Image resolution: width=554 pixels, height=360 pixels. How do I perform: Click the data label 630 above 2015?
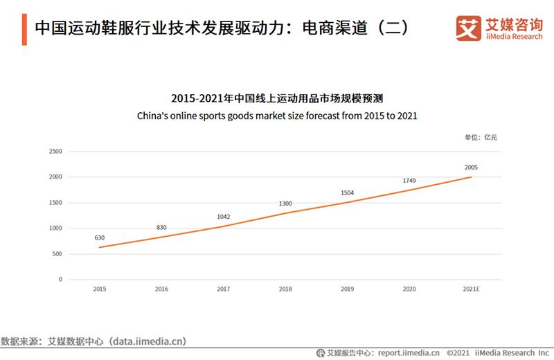coord(100,237)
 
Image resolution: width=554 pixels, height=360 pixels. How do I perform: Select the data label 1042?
coord(224,216)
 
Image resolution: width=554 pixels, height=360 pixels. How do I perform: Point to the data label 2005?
coord(472,168)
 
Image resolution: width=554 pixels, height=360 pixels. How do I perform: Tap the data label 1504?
coord(348,193)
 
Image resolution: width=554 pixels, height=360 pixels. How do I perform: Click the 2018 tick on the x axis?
coord(285,289)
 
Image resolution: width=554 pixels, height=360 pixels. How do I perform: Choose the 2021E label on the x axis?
coord(472,289)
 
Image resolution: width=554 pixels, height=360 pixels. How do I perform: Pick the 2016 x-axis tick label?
coord(161,289)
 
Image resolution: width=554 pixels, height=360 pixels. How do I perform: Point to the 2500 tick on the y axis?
coord(56,151)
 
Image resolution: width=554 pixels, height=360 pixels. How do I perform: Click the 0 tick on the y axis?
coord(60,279)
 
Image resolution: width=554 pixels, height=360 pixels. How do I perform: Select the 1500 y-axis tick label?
coord(56,203)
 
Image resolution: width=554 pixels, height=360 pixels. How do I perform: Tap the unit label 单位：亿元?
coord(481,137)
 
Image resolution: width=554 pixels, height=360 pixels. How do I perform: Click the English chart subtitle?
coord(277,115)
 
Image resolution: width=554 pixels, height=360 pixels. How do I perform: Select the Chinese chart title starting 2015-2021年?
coord(277,98)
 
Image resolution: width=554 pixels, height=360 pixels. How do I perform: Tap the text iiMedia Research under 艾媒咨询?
coord(513,37)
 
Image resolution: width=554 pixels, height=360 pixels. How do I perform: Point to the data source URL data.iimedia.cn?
coord(146,341)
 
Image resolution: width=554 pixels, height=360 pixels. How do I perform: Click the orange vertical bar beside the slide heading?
coord(24,28)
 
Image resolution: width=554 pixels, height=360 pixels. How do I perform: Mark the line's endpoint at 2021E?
coord(472,177)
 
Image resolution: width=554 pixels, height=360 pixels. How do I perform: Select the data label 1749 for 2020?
coord(409,181)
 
